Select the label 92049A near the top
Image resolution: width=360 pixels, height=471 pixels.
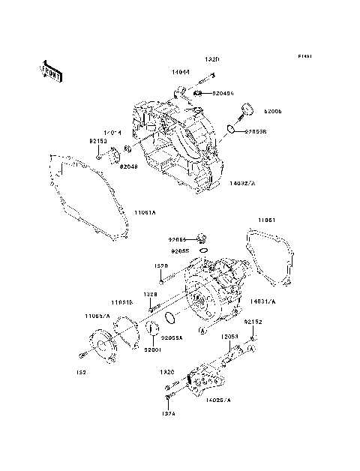pos(223,94)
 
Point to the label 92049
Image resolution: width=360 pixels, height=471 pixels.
pos(128,166)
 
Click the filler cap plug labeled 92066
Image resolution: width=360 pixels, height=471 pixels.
pos(245,112)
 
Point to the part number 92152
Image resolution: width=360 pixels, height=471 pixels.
pos(254,322)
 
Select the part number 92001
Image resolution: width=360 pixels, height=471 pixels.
pos(153,349)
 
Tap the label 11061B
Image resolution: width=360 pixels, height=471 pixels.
pos(124,302)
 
